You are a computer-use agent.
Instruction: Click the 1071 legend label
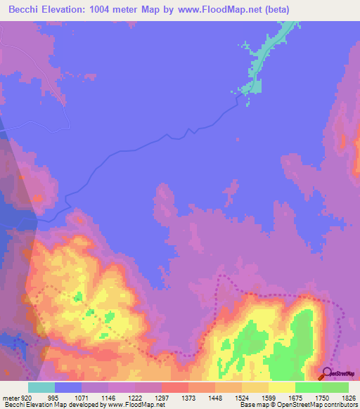click(x=82, y=398)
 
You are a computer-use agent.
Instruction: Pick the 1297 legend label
click(x=162, y=398)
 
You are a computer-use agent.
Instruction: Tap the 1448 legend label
click(x=215, y=398)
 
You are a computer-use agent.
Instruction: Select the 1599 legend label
click(x=269, y=398)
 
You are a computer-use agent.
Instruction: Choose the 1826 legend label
click(x=349, y=398)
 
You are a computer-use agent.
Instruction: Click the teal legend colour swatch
click(x=41, y=387)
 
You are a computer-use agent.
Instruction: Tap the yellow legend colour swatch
click(x=282, y=387)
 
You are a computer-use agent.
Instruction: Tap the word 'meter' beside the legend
click(x=9, y=398)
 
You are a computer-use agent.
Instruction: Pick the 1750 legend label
click(x=322, y=398)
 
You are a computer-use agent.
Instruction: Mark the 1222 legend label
click(x=135, y=398)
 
